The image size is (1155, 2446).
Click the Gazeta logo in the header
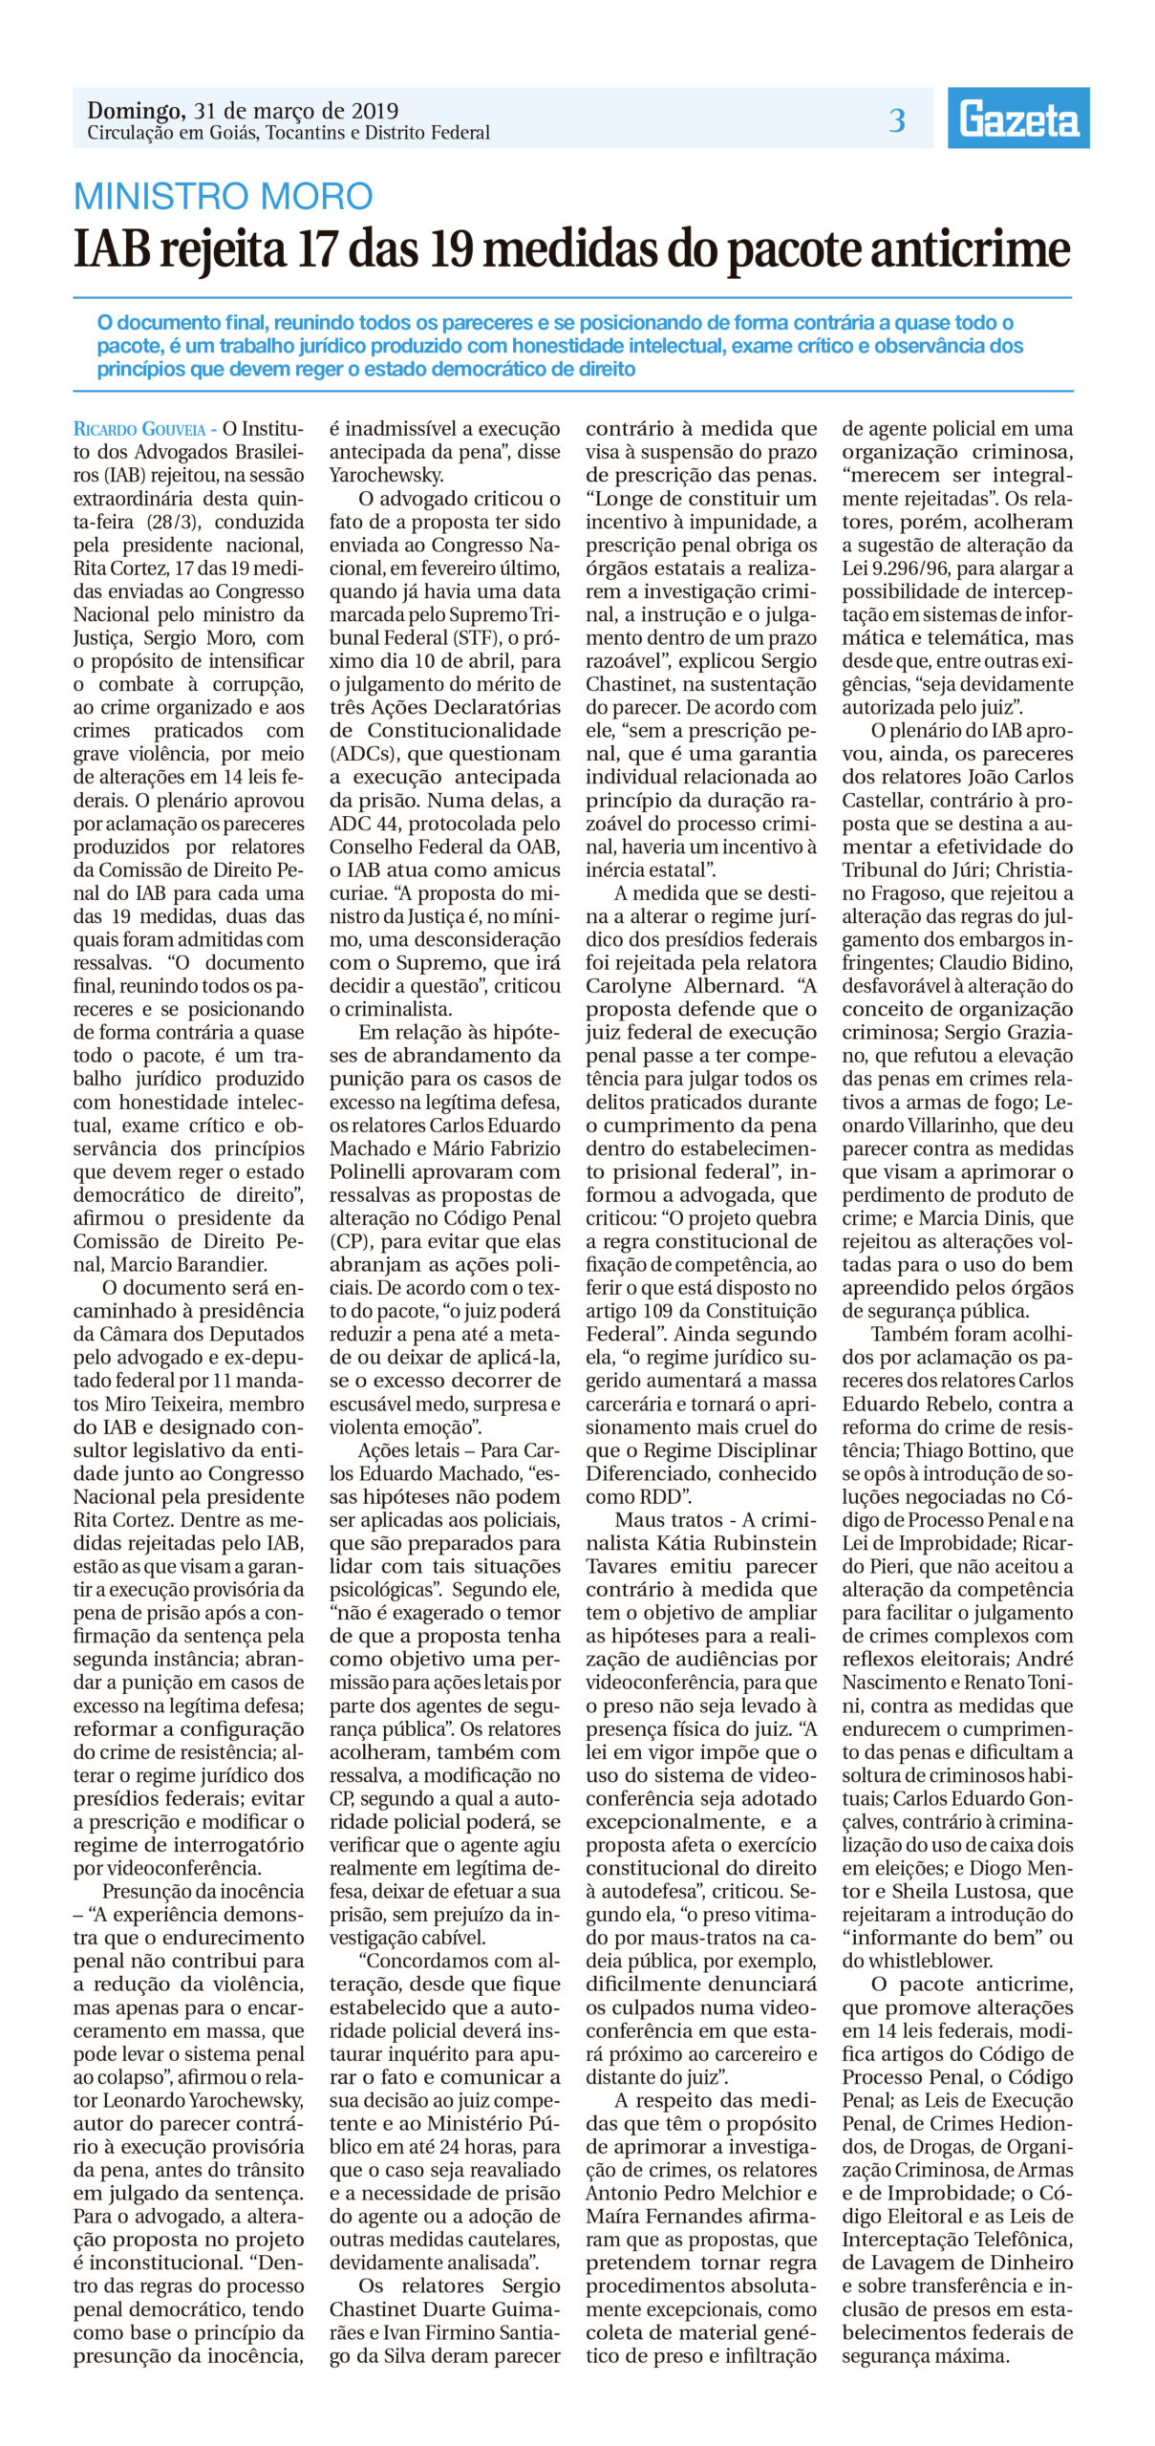[1018, 118]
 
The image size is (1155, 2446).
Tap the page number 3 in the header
[896, 120]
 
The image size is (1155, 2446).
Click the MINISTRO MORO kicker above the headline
[223, 196]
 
